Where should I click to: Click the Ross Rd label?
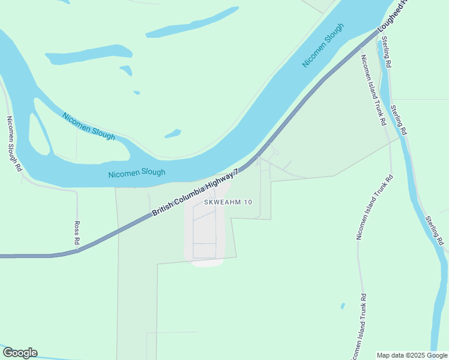pos(77,232)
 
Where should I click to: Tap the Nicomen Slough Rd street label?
pos(13,144)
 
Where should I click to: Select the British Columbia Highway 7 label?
pos(196,193)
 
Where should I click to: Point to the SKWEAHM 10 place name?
pos(228,202)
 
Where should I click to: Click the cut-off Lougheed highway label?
pos(394,16)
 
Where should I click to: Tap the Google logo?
pos(20,353)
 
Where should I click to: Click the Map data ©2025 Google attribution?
pos(412,355)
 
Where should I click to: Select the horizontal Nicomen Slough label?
pos(136,173)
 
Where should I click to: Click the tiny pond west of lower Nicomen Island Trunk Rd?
pos(343,306)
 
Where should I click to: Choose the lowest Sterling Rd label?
pos(434,230)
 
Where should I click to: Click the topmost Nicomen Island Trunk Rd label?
pos(373,90)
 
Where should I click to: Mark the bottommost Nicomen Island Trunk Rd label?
pos(358,327)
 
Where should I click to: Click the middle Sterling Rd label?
pos(399,119)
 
